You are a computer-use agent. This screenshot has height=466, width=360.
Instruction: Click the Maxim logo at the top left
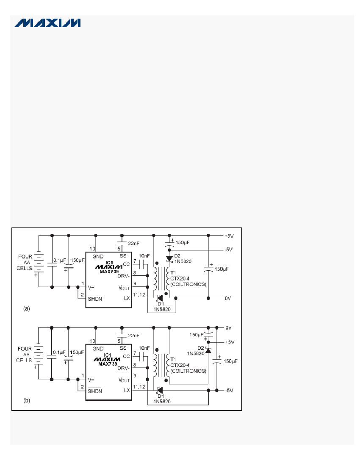47,23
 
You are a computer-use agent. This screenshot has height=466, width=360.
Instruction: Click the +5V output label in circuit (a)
229,236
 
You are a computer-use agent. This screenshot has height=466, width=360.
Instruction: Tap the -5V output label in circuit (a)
228,250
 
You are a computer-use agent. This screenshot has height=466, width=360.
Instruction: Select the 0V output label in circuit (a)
228,298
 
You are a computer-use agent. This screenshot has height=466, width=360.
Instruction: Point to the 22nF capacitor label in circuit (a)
134,244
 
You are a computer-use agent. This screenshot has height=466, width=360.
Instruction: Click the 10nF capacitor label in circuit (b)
144,348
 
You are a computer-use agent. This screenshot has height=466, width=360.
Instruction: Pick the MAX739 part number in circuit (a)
109,272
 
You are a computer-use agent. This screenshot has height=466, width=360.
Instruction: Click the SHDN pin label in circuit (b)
95,391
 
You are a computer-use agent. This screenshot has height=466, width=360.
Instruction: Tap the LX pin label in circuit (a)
127,298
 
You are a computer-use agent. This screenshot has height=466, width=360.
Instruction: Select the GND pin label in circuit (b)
98,349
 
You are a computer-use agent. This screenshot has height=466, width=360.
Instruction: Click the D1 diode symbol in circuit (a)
160,298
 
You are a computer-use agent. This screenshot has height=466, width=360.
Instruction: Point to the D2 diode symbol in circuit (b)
208,350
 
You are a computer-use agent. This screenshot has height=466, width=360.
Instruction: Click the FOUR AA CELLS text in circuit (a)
25,262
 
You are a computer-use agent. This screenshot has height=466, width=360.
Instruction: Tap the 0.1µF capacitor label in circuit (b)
59,352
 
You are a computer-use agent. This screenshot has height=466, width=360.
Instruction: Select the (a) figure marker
27,308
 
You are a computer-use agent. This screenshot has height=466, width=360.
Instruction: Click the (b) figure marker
27,401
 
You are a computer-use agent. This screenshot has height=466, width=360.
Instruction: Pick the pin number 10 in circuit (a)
92,249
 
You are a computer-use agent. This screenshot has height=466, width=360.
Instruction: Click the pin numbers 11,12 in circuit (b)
139,387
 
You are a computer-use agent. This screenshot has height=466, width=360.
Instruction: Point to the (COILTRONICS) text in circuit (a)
188,284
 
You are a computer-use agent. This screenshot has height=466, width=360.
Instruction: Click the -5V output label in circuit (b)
229,391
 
